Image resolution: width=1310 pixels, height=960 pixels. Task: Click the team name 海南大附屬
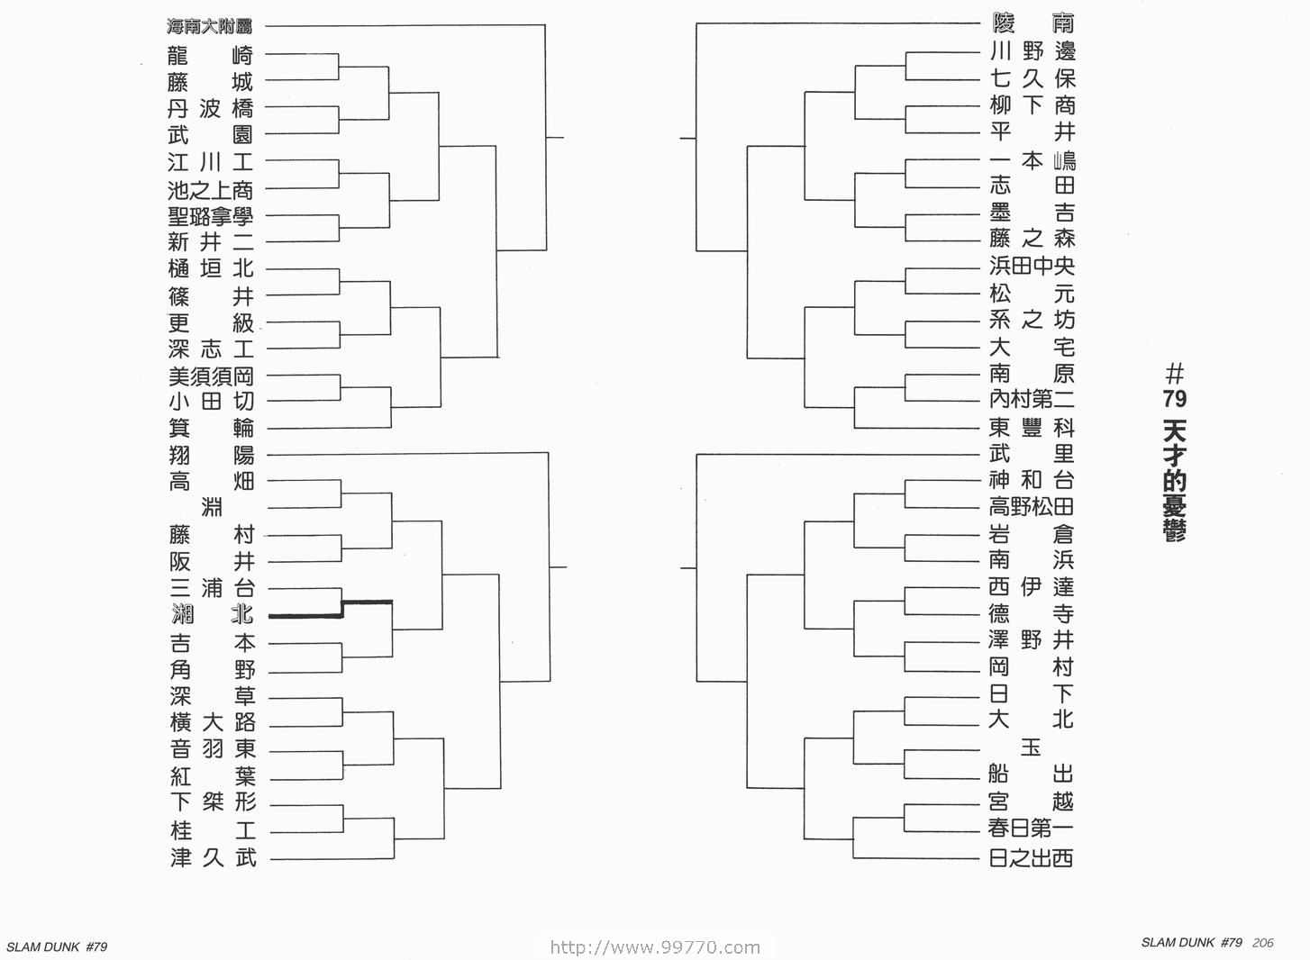pos(209,26)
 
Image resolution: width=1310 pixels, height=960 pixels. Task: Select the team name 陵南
pos(1033,23)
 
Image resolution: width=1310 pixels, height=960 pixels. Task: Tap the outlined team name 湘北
pos(213,614)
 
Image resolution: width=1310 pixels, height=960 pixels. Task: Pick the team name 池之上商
pos(211,190)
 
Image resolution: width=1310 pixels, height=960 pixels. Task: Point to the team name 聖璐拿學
pos(211,216)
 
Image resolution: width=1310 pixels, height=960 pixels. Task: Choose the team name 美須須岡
pos(211,376)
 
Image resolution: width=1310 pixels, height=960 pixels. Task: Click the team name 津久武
pos(214,857)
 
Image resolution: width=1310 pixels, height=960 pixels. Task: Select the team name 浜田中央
pos(1033,266)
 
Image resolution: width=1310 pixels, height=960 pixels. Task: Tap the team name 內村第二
pos(1033,399)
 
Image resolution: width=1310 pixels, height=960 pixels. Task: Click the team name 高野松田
pos(1031,506)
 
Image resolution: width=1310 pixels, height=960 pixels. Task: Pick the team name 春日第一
pos(1031,828)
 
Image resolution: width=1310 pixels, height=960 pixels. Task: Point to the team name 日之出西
pos(1031,858)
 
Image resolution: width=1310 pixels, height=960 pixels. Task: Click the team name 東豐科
pos(1033,428)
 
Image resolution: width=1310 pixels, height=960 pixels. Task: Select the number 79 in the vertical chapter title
pos(1174,399)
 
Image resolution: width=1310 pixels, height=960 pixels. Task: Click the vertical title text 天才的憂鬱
pos(1175,481)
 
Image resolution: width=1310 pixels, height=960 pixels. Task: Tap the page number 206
pos(1263,943)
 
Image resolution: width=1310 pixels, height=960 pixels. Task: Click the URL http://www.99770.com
pos(656,947)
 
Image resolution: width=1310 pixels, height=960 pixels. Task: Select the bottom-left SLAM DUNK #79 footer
pos(57,946)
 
